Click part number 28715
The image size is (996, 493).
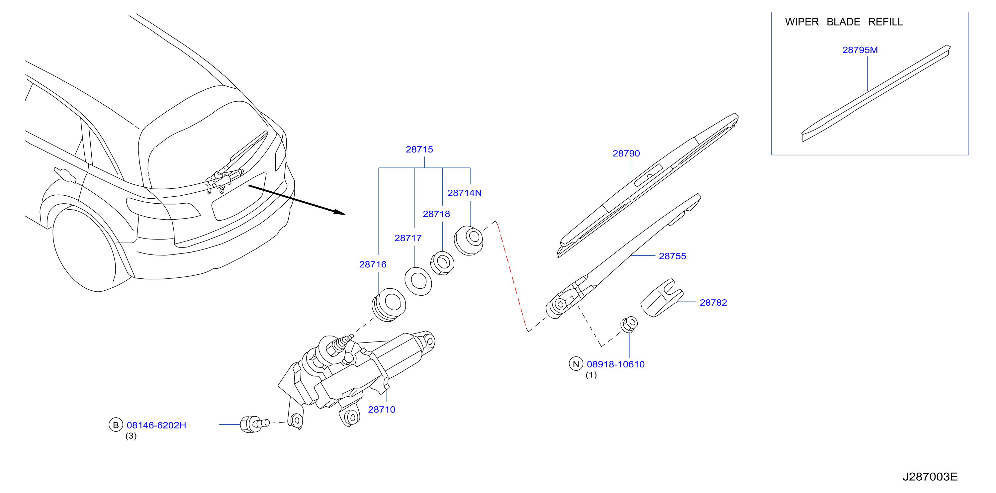[x=419, y=149]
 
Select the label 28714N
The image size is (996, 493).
[x=464, y=193]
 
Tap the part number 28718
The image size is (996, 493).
[x=436, y=214]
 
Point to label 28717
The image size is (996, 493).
[x=408, y=238]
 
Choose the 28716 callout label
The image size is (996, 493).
[x=373, y=264]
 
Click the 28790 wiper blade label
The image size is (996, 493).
[x=626, y=153]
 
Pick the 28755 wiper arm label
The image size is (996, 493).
[x=673, y=256]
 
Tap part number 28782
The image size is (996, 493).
[x=713, y=302]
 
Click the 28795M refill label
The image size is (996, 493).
[x=860, y=50]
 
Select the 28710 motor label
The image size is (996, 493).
[x=382, y=410]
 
